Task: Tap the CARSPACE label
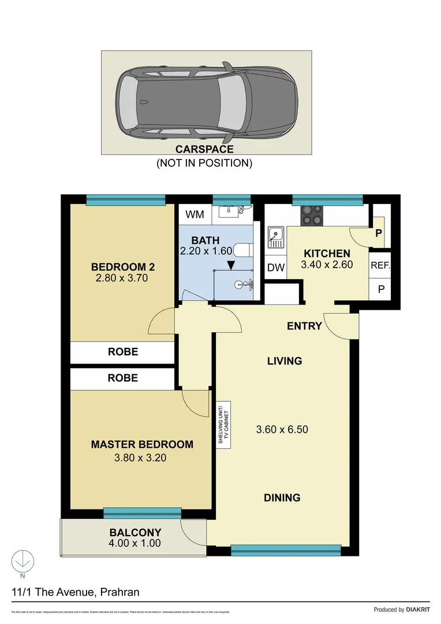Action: coord(204,150)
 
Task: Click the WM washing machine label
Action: coord(195,215)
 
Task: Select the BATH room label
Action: coord(205,240)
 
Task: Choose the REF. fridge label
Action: coord(380,266)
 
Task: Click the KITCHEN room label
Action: coord(327,254)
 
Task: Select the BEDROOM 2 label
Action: coord(123,267)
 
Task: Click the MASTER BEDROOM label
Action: coord(142,444)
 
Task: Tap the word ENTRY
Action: coord(304,326)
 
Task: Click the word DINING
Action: coord(282,497)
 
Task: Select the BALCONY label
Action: coord(135,532)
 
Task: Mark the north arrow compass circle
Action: coord(23,560)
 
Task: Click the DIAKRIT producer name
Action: coord(414,610)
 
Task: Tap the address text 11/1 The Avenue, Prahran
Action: coord(75,592)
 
